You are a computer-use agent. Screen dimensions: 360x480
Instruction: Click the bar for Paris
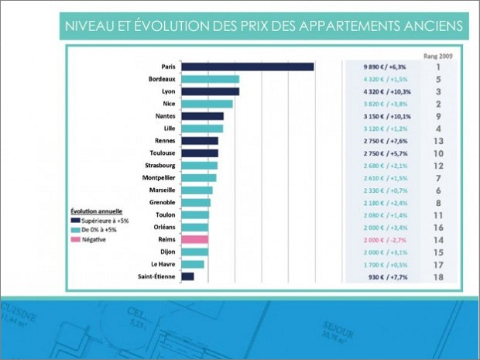click(x=247, y=67)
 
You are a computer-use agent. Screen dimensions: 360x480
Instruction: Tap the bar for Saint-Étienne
click(x=187, y=276)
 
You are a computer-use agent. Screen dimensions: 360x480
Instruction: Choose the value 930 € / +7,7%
click(x=380, y=276)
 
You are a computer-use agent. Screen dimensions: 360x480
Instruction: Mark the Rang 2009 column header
click(x=438, y=56)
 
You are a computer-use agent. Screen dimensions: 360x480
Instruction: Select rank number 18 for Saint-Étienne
click(x=438, y=276)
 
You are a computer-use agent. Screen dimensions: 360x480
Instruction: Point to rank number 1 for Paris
click(x=438, y=67)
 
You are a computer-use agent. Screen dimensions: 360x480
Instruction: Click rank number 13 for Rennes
click(x=438, y=141)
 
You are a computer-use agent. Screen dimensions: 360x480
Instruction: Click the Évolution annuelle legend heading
click(x=94, y=211)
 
